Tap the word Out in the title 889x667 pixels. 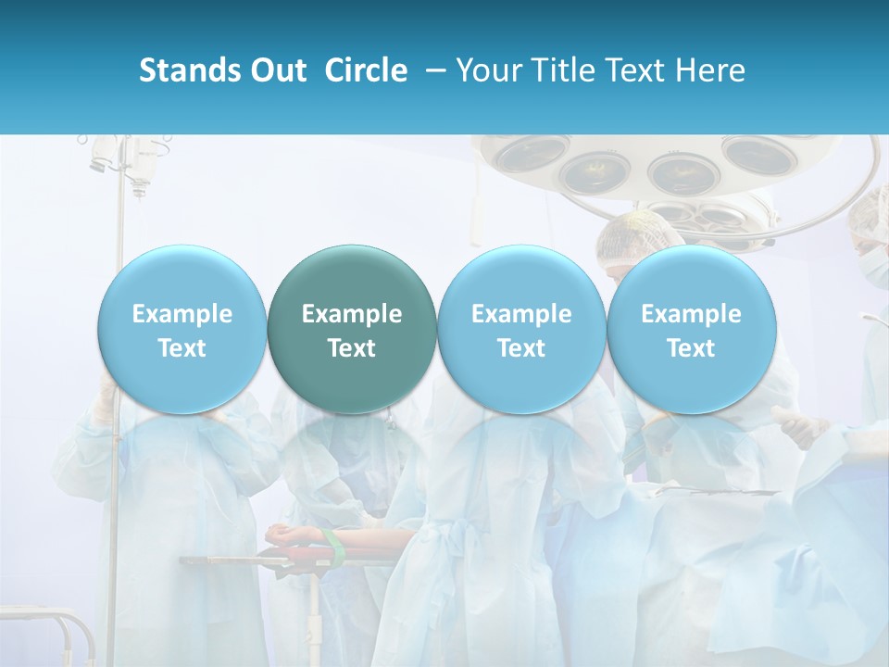click(277, 70)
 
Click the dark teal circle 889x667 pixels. click(352, 329)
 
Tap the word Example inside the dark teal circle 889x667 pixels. click(352, 314)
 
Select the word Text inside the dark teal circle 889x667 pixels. click(352, 348)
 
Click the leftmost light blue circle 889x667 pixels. click(182, 329)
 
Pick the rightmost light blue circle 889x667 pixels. click(691, 329)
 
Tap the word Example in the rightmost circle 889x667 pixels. click(691, 314)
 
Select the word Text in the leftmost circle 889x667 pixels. click(182, 348)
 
